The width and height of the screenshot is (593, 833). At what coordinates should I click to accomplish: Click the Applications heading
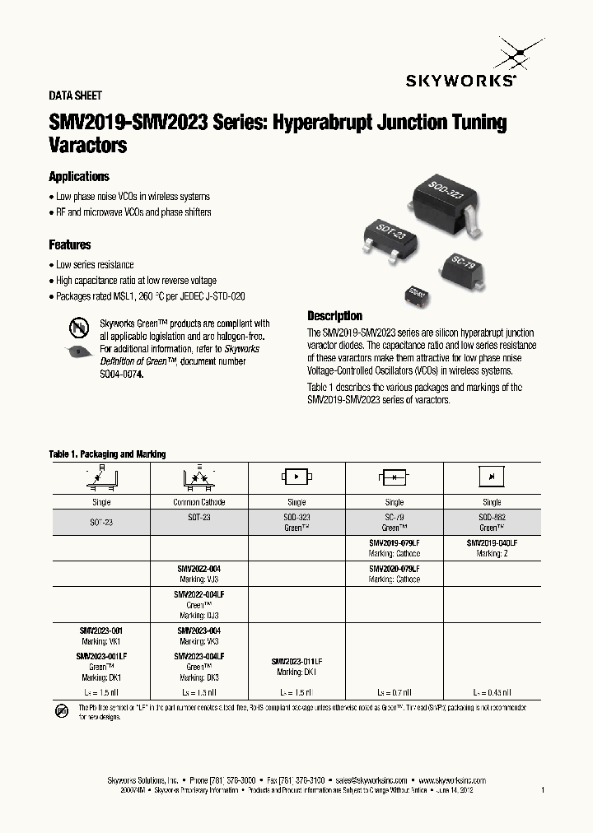point(79,177)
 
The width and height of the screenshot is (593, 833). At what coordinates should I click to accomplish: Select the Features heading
point(70,245)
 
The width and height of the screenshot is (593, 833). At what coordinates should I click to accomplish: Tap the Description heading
point(334,316)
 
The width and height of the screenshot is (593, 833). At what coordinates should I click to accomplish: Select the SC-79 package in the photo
point(464,266)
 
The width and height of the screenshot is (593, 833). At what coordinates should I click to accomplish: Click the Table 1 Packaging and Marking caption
point(107,454)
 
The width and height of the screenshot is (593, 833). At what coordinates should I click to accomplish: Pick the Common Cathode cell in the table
point(199,502)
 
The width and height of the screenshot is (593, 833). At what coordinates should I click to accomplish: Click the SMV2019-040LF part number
point(492,544)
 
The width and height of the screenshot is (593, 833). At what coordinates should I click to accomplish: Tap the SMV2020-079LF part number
point(394,569)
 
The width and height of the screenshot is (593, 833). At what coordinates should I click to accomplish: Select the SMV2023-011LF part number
point(296,662)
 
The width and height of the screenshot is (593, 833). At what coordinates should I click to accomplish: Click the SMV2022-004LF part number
point(199,593)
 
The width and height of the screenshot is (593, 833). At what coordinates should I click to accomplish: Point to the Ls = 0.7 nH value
point(394,693)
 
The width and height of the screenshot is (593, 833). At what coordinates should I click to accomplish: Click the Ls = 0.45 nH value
point(492,693)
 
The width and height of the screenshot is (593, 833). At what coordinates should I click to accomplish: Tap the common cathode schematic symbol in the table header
point(199,477)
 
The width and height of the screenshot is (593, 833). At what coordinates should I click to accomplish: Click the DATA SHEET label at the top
point(76,96)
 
